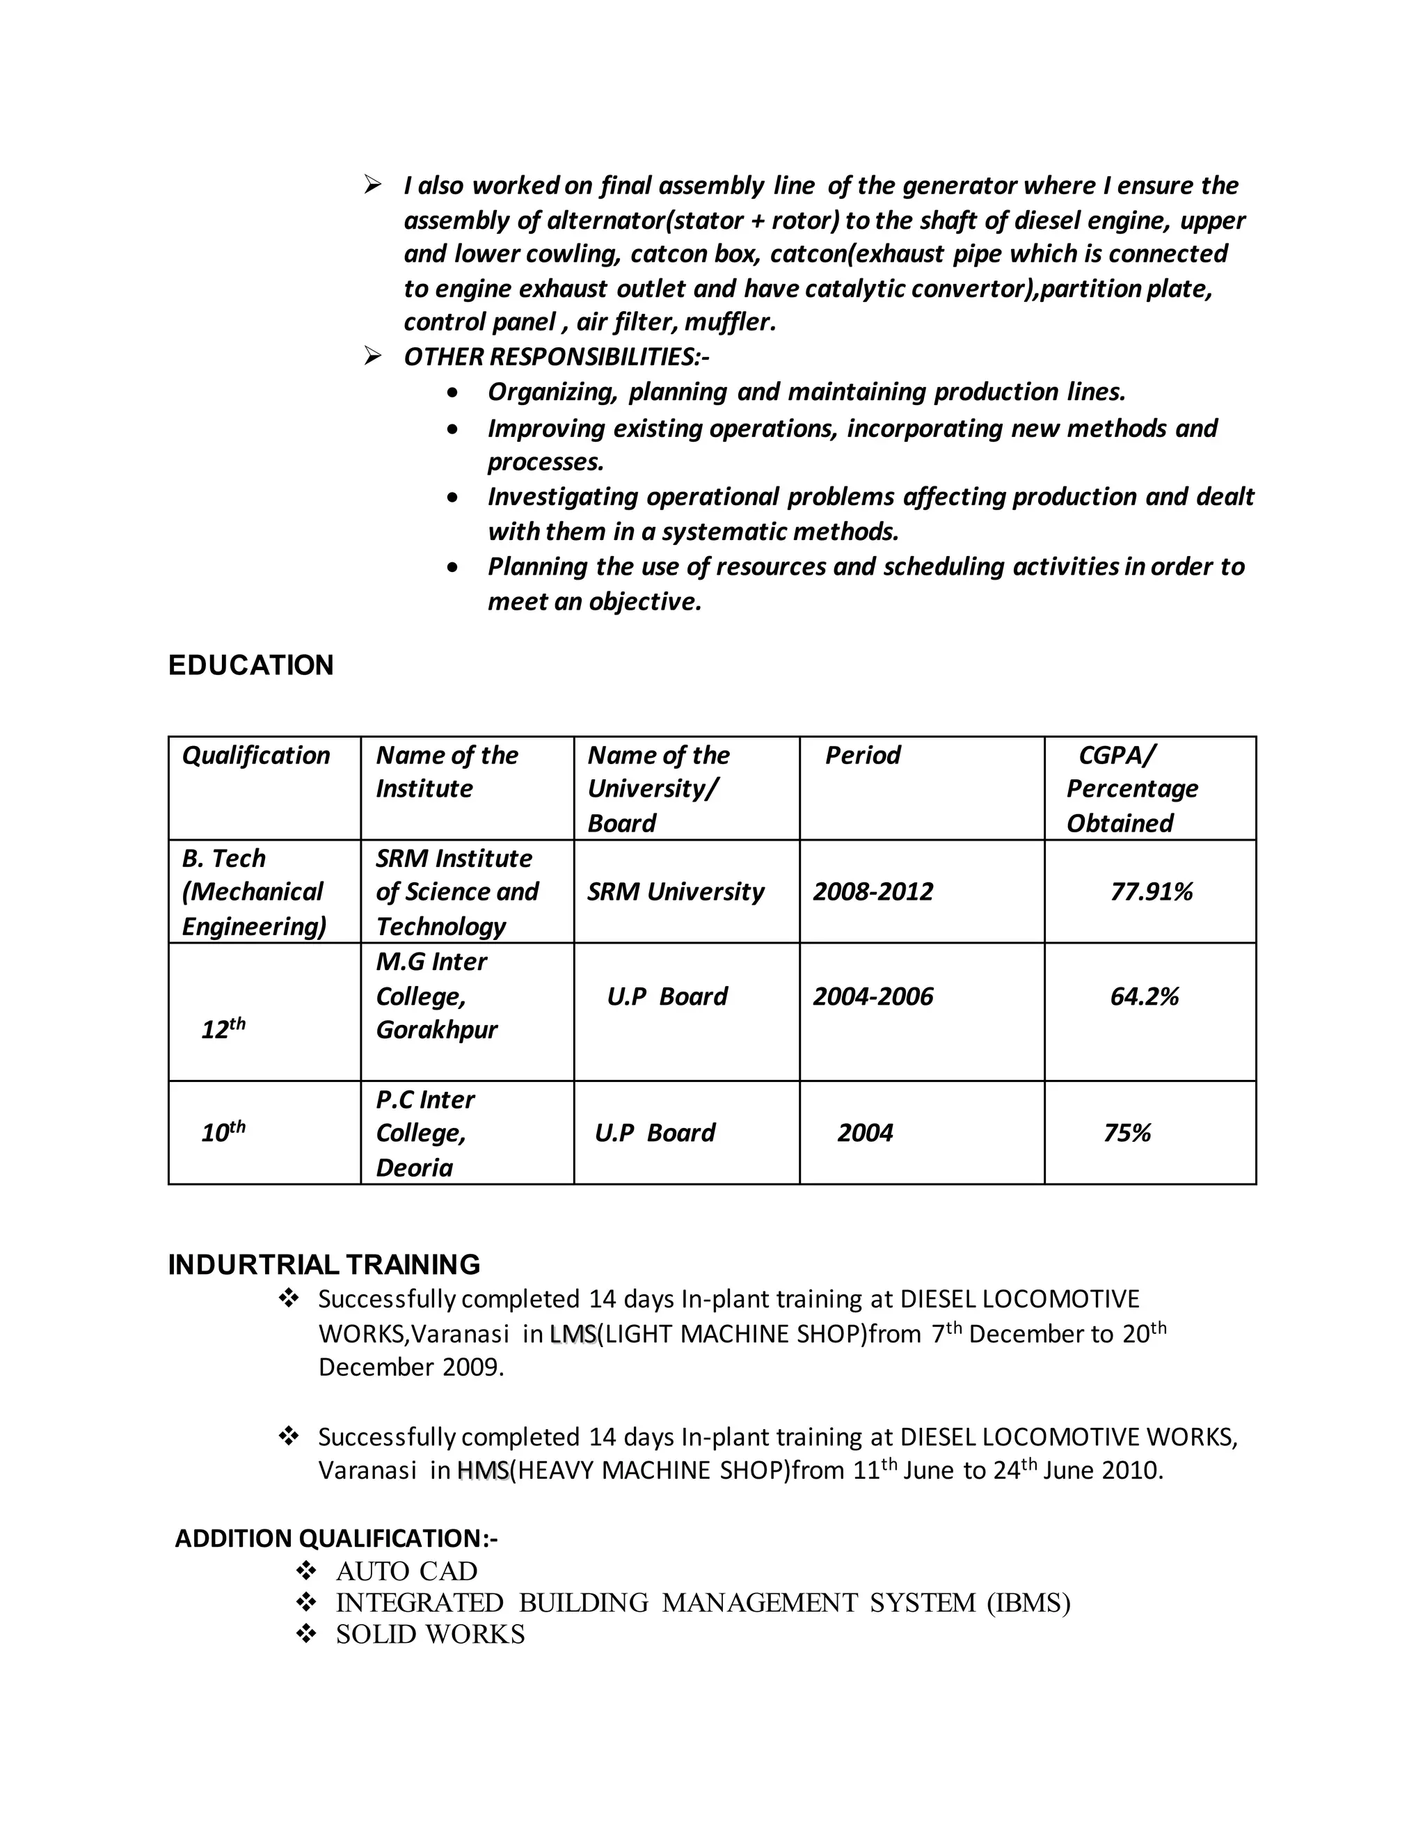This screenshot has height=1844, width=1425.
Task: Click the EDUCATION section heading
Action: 250,665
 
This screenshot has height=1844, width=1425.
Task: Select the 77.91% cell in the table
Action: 1151,891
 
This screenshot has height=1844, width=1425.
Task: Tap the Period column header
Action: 862,755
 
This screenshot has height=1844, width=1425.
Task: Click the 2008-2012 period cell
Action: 873,891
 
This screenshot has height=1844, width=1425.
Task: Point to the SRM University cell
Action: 676,891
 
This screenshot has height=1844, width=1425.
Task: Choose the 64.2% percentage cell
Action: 1144,996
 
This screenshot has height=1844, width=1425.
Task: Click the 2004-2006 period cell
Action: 873,996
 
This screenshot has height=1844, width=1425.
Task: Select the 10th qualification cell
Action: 223,1131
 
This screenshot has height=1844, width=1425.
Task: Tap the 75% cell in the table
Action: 1127,1133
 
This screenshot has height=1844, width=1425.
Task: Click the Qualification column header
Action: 256,755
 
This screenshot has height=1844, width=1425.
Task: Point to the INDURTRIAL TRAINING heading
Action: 324,1265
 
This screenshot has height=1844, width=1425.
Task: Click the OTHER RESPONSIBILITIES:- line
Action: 557,357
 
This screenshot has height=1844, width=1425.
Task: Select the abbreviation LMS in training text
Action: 573,1334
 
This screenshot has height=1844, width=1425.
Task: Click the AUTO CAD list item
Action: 406,1571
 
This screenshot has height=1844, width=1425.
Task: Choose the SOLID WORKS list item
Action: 430,1635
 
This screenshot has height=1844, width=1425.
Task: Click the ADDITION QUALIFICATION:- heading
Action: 336,1539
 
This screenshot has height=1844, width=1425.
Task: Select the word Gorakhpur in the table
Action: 436,1030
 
